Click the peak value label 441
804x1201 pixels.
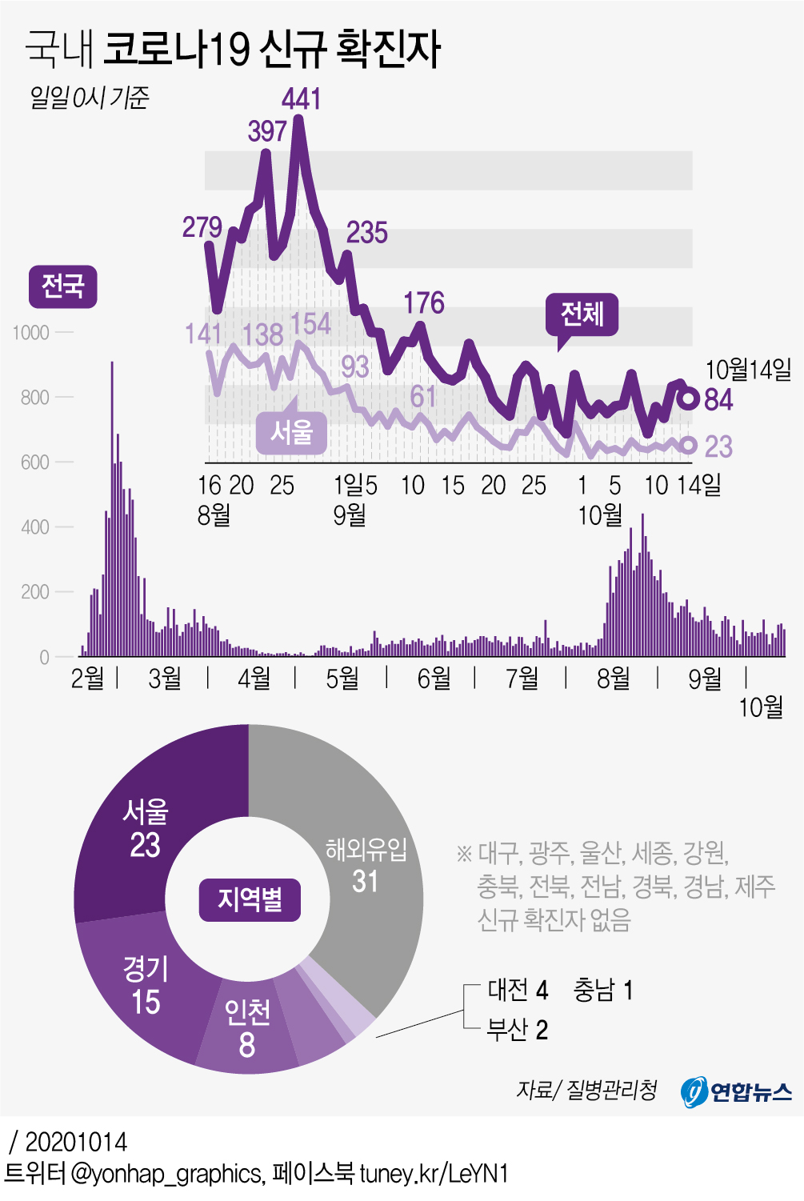[x=302, y=99]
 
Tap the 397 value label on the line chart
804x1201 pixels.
[x=267, y=130]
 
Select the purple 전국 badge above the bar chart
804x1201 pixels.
[x=63, y=286]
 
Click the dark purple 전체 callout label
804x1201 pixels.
[x=582, y=313]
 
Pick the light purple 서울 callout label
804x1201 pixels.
[x=291, y=432]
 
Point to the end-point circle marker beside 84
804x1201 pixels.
[x=688, y=398]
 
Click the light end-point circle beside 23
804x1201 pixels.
[x=687, y=446]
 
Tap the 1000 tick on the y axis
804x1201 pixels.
[x=31, y=333]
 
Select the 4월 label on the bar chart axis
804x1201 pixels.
[x=254, y=679]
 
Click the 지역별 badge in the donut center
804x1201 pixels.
[x=250, y=899]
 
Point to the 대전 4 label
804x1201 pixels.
[x=518, y=991]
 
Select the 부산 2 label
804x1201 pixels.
[x=518, y=1030]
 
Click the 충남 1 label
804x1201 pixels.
[x=603, y=991]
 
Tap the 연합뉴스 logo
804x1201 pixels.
[x=736, y=1091]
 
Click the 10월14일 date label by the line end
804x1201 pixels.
[x=747, y=370]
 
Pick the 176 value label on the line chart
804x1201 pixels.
[x=423, y=303]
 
